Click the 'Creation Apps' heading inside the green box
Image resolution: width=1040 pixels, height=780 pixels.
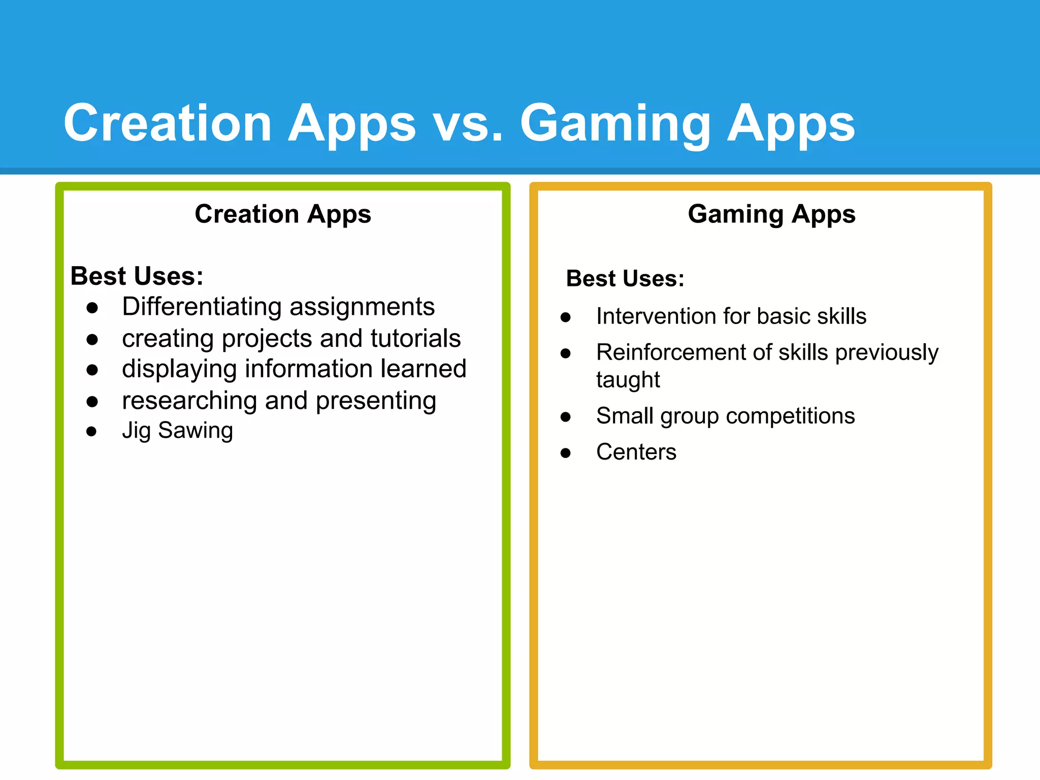pos(283,214)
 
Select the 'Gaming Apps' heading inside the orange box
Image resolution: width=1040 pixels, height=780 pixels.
pos(771,214)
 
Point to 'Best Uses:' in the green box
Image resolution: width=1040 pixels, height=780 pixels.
pos(137,276)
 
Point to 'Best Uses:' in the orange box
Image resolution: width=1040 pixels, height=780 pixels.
pos(625,279)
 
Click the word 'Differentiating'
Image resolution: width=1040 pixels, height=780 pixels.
pos(202,307)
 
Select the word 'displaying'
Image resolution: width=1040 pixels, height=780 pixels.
pos(179,369)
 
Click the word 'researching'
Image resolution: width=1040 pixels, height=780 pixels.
pos(189,401)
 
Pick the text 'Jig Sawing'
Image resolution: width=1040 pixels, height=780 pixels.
pos(177,431)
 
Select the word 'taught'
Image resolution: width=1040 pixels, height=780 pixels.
pos(628,380)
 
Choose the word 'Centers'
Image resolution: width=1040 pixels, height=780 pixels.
pos(636,452)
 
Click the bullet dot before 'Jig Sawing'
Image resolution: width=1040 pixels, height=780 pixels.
pos(91,432)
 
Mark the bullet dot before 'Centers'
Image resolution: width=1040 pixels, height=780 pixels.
pos(566,453)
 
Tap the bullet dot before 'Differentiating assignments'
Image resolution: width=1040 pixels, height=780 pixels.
pos(92,308)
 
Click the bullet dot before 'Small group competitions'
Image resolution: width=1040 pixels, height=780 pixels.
pos(566,417)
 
